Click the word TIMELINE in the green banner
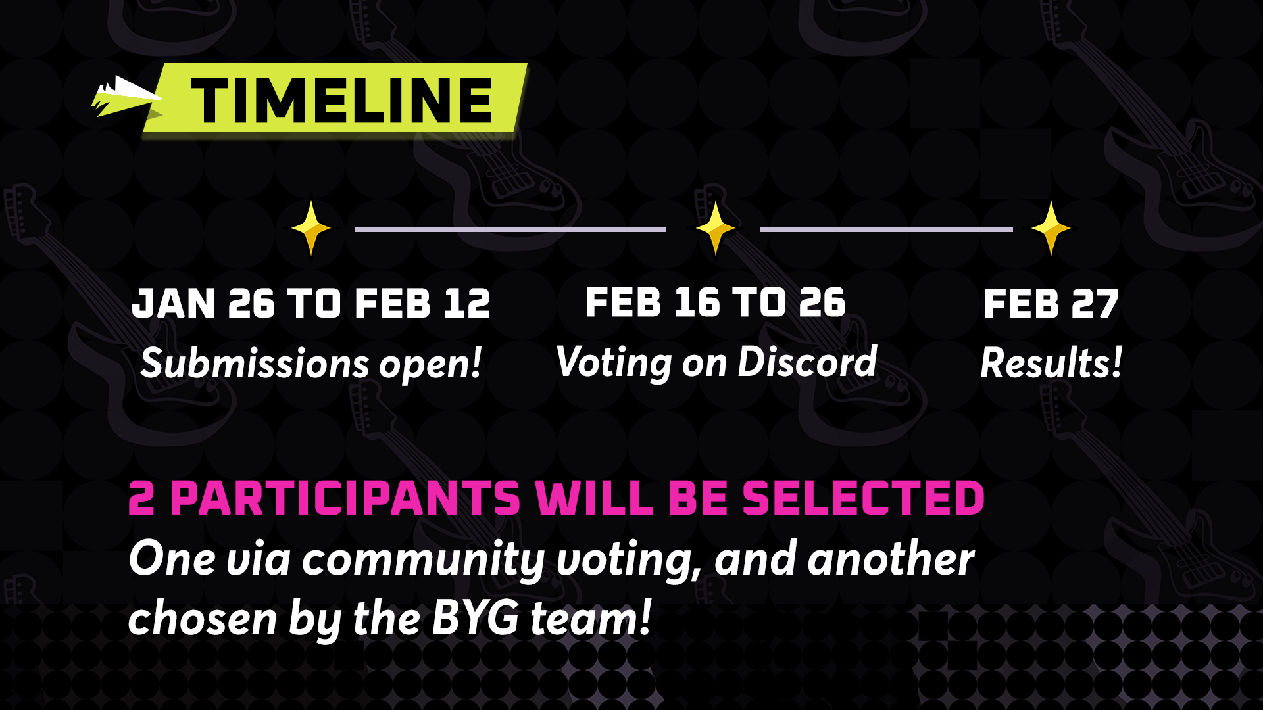[x=341, y=101]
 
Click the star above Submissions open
[x=311, y=228]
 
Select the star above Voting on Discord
[x=715, y=228]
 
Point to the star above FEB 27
[x=1051, y=228]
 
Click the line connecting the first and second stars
[x=510, y=229]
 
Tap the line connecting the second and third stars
[x=887, y=229]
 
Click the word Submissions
[x=255, y=363]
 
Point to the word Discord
[x=807, y=362]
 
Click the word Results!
[x=1051, y=363]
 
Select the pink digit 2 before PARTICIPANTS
[x=141, y=498]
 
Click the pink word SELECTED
[x=863, y=498]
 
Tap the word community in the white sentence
[x=423, y=560]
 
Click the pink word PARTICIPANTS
[x=345, y=498]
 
